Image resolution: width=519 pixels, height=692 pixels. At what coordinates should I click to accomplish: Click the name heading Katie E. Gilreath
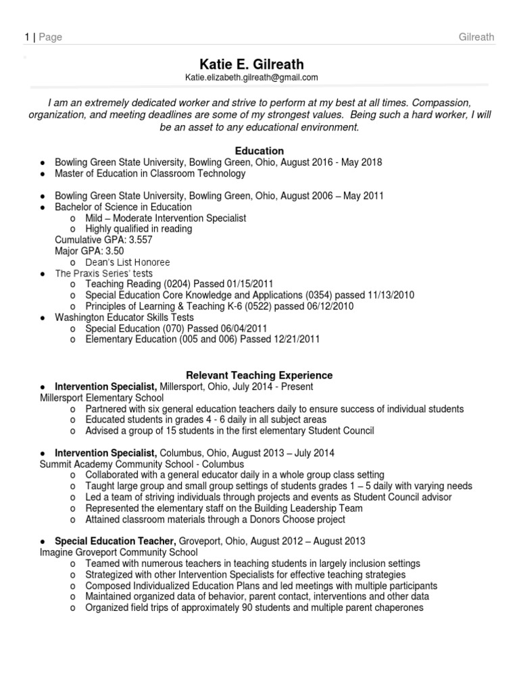click(x=259, y=64)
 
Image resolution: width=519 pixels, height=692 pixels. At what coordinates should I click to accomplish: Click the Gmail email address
click(x=251, y=78)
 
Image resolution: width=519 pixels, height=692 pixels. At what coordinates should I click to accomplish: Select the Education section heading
click(x=259, y=151)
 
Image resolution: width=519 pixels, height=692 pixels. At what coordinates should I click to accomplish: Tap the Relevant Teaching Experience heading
click(x=259, y=375)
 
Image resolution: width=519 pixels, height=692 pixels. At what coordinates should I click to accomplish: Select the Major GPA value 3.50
click(x=114, y=251)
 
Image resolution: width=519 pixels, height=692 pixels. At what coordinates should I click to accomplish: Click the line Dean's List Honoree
click(x=128, y=262)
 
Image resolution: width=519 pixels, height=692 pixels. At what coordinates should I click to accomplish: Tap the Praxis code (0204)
click(x=169, y=285)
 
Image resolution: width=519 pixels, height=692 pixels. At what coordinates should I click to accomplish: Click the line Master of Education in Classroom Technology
click(x=150, y=174)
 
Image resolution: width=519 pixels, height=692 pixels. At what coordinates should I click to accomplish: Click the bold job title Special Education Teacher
click(x=116, y=541)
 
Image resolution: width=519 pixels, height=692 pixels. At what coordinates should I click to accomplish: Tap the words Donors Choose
click(x=266, y=519)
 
